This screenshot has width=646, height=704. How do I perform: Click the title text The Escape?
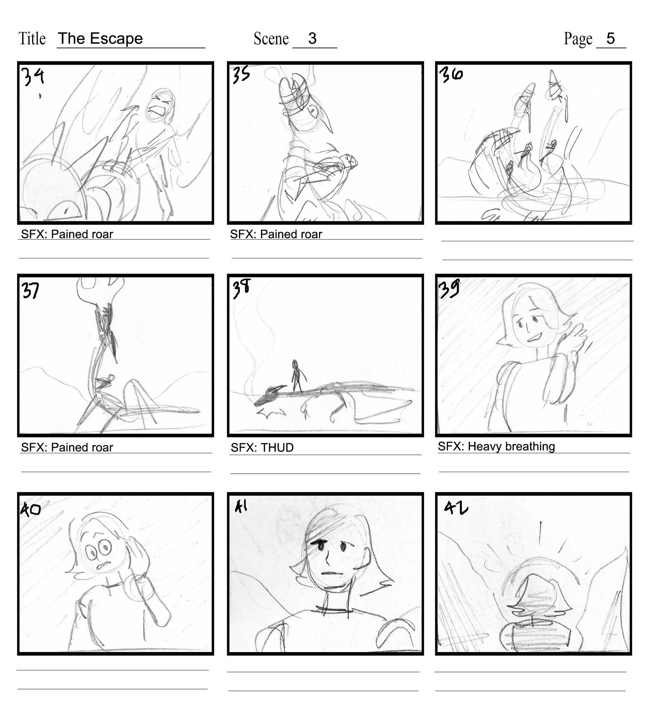click(x=100, y=38)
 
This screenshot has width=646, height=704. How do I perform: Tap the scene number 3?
click(x=312, y=38)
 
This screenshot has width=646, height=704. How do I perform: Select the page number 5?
click(x=610, y=38)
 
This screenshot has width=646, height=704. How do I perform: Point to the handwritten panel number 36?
click(x=451, y=75)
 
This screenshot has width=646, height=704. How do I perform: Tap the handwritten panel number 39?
click(x=449, y=289)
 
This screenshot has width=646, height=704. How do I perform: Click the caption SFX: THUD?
click(x=262, y=448)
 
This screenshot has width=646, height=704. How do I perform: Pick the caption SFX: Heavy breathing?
click(x=496, y=446)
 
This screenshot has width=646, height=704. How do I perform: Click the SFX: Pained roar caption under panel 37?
click(x=67, y=448)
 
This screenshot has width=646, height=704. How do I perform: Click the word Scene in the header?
click(x=271, y=38)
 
